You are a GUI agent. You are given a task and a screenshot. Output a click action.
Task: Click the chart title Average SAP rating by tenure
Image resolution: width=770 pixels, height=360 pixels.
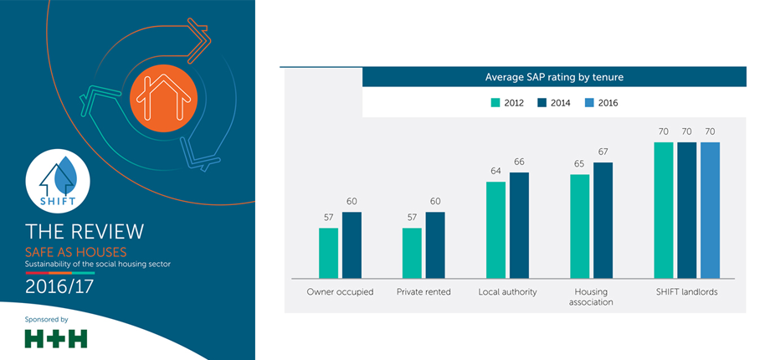point(554,77)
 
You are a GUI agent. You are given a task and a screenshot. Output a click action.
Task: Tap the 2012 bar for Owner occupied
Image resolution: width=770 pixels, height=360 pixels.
point(329,252)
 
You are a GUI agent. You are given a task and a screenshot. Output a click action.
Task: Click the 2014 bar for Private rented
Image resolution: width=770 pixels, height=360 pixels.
point(435,244)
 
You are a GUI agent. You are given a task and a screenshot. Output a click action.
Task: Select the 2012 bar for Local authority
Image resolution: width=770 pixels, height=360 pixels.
point(495,229)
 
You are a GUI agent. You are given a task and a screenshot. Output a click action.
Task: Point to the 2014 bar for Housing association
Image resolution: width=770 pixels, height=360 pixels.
point(603,219)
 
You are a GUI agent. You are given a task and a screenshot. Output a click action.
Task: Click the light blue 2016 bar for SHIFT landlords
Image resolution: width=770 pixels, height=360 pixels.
point(710,209)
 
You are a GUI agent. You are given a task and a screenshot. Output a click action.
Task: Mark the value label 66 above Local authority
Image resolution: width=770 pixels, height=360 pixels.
point(519,162)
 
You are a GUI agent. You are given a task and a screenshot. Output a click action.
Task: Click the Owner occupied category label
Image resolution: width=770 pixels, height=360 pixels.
point(341,291)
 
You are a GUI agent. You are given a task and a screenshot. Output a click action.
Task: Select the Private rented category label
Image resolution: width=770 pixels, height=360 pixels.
point(424,291)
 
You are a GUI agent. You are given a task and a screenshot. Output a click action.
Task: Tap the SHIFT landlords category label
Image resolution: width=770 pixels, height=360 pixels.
point(687,291)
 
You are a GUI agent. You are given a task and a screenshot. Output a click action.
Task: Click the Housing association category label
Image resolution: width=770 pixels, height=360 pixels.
point(591,297)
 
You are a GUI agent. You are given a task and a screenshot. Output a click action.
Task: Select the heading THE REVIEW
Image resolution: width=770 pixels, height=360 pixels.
point(85,231)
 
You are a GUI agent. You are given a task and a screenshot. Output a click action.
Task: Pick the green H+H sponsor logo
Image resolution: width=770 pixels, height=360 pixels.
point(56,338)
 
